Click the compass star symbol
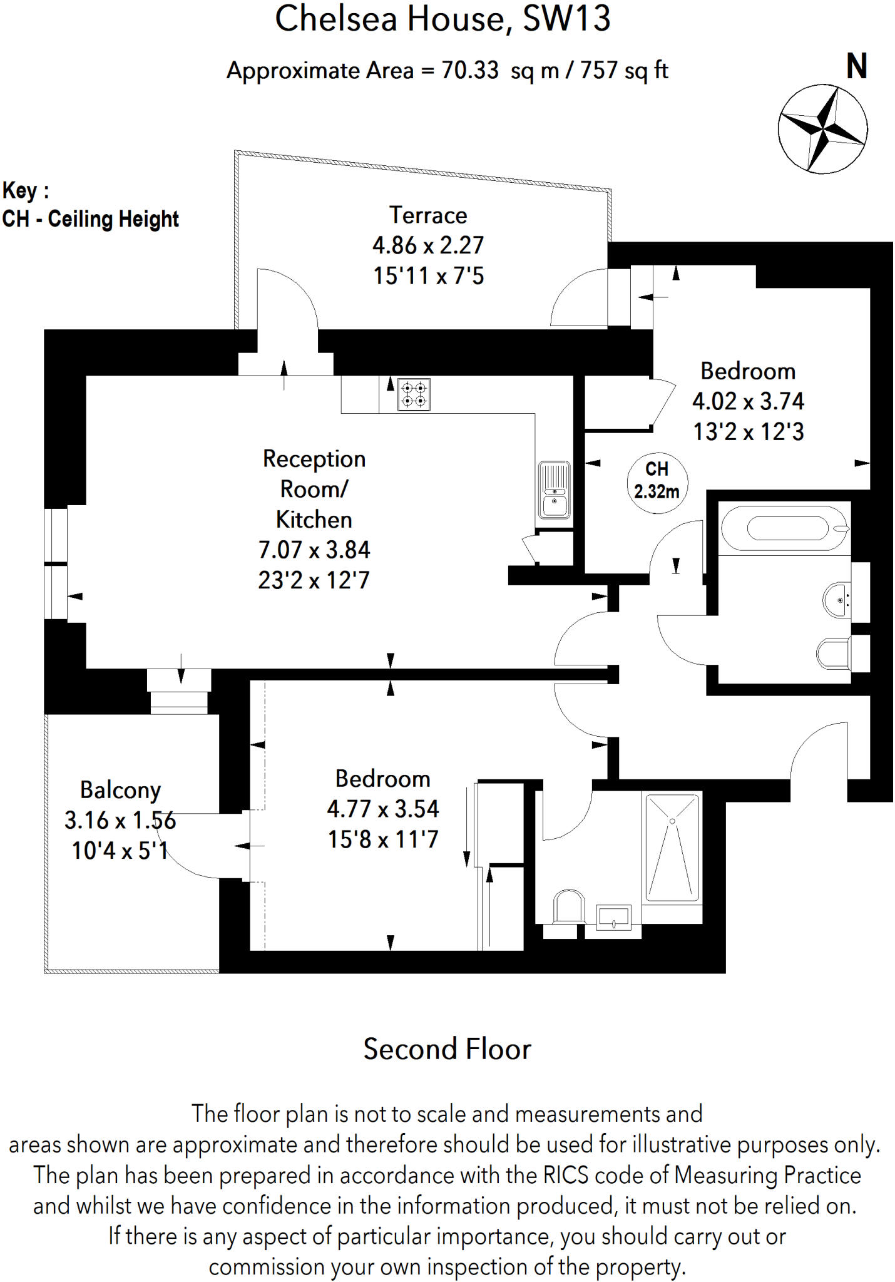(822, 129)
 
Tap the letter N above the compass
(857, 66)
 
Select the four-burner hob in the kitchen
(414, 394)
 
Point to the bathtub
(785, 528)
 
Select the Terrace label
(428, 215)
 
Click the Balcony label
(120, 790)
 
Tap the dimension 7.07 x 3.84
(314, 550)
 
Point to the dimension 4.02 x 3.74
(748, 401)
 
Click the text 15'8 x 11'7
(383, 839)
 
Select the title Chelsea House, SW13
(442, 19)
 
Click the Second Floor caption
(447, 1049)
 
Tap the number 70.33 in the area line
(470, 70)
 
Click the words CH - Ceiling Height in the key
(91, 219)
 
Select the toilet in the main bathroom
(834, 654)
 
